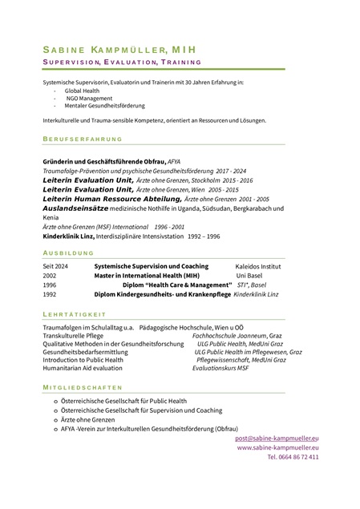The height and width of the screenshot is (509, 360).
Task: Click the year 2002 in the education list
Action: tap(50, 274)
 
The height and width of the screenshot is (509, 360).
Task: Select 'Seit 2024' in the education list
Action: tap(55, 265)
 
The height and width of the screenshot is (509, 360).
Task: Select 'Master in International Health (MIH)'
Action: tap(147, 274)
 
